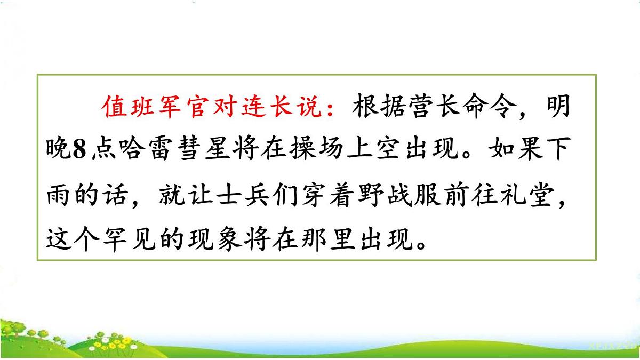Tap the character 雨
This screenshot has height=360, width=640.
pyautogui.click(x=55, y=196)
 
